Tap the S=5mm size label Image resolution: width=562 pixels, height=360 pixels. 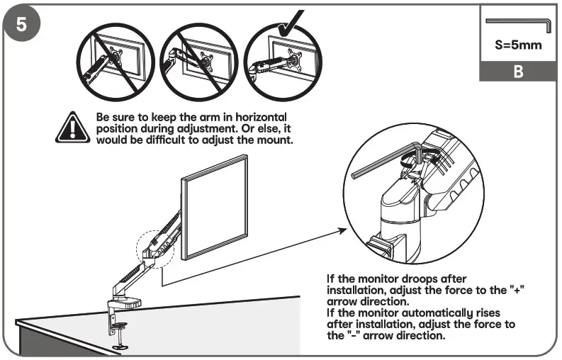coord(517,46)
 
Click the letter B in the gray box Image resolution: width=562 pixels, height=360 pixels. coord(517,72)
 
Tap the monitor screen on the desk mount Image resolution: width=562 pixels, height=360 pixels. coord(215,207)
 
